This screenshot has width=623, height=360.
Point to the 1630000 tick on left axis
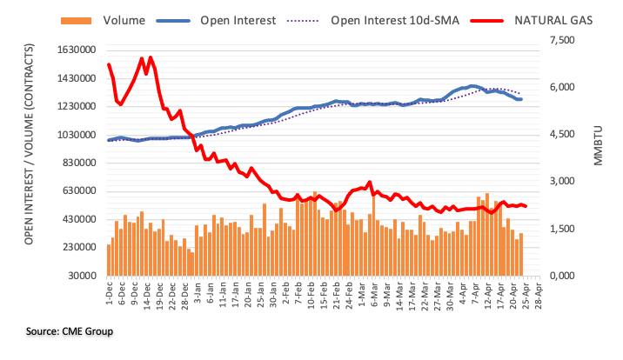[74, 50]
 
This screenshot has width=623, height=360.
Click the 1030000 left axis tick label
[74, 135]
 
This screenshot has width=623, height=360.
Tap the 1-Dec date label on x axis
[109, 294]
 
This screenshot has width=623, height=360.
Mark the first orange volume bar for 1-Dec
[109, 260]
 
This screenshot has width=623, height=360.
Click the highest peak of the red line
[151, 57]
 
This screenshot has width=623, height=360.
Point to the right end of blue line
[520, 100]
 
